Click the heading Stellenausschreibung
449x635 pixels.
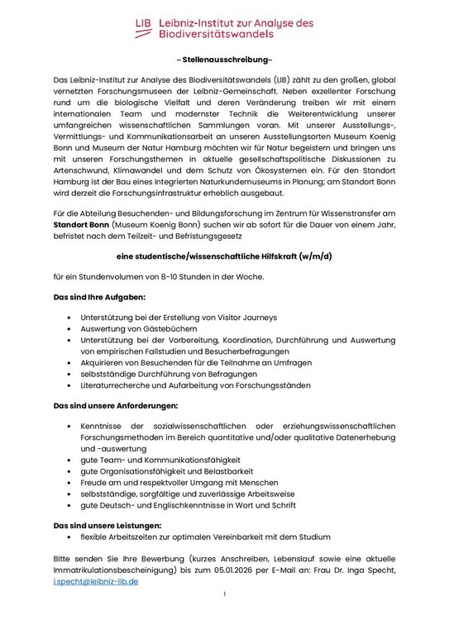(x=224, y=60)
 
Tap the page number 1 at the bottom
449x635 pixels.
(x=224, y=594)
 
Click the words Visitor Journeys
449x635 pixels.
(x=245, y=317)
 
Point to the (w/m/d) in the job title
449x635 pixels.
(x=313, y=256)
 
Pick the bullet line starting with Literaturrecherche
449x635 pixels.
(x=195, y=385)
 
